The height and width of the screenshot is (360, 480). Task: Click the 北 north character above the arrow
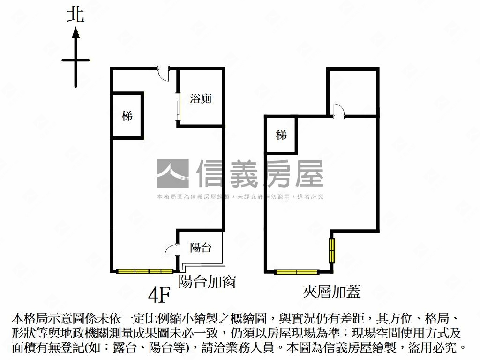click(x=75, y=15)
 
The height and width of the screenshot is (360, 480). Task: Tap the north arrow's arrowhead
click(x=75, y=33)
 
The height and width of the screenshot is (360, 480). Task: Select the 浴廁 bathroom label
click(x=201, y=98)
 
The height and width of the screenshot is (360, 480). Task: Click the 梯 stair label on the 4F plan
click(x=127, y=115)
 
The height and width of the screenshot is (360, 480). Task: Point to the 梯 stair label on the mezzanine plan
click(x=281, y=135)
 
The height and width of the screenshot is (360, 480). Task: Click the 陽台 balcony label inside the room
click(x=201, y=247)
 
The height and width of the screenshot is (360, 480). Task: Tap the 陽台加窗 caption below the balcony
click(x=207, y=281)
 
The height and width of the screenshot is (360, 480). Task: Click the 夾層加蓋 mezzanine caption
click(x=331, y=292)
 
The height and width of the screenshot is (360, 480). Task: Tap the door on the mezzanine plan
click(x=338, y=111)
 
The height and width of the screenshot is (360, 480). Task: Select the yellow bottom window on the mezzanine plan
click(x=296, y=271)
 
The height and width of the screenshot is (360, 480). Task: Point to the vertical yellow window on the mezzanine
click(x=332, y=251)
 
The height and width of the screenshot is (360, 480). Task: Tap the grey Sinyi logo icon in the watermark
click(x=172, y=174)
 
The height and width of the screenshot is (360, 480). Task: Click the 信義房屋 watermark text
click(x=260, y=174)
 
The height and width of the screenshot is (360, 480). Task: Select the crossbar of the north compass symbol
click(x=75, y=60)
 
